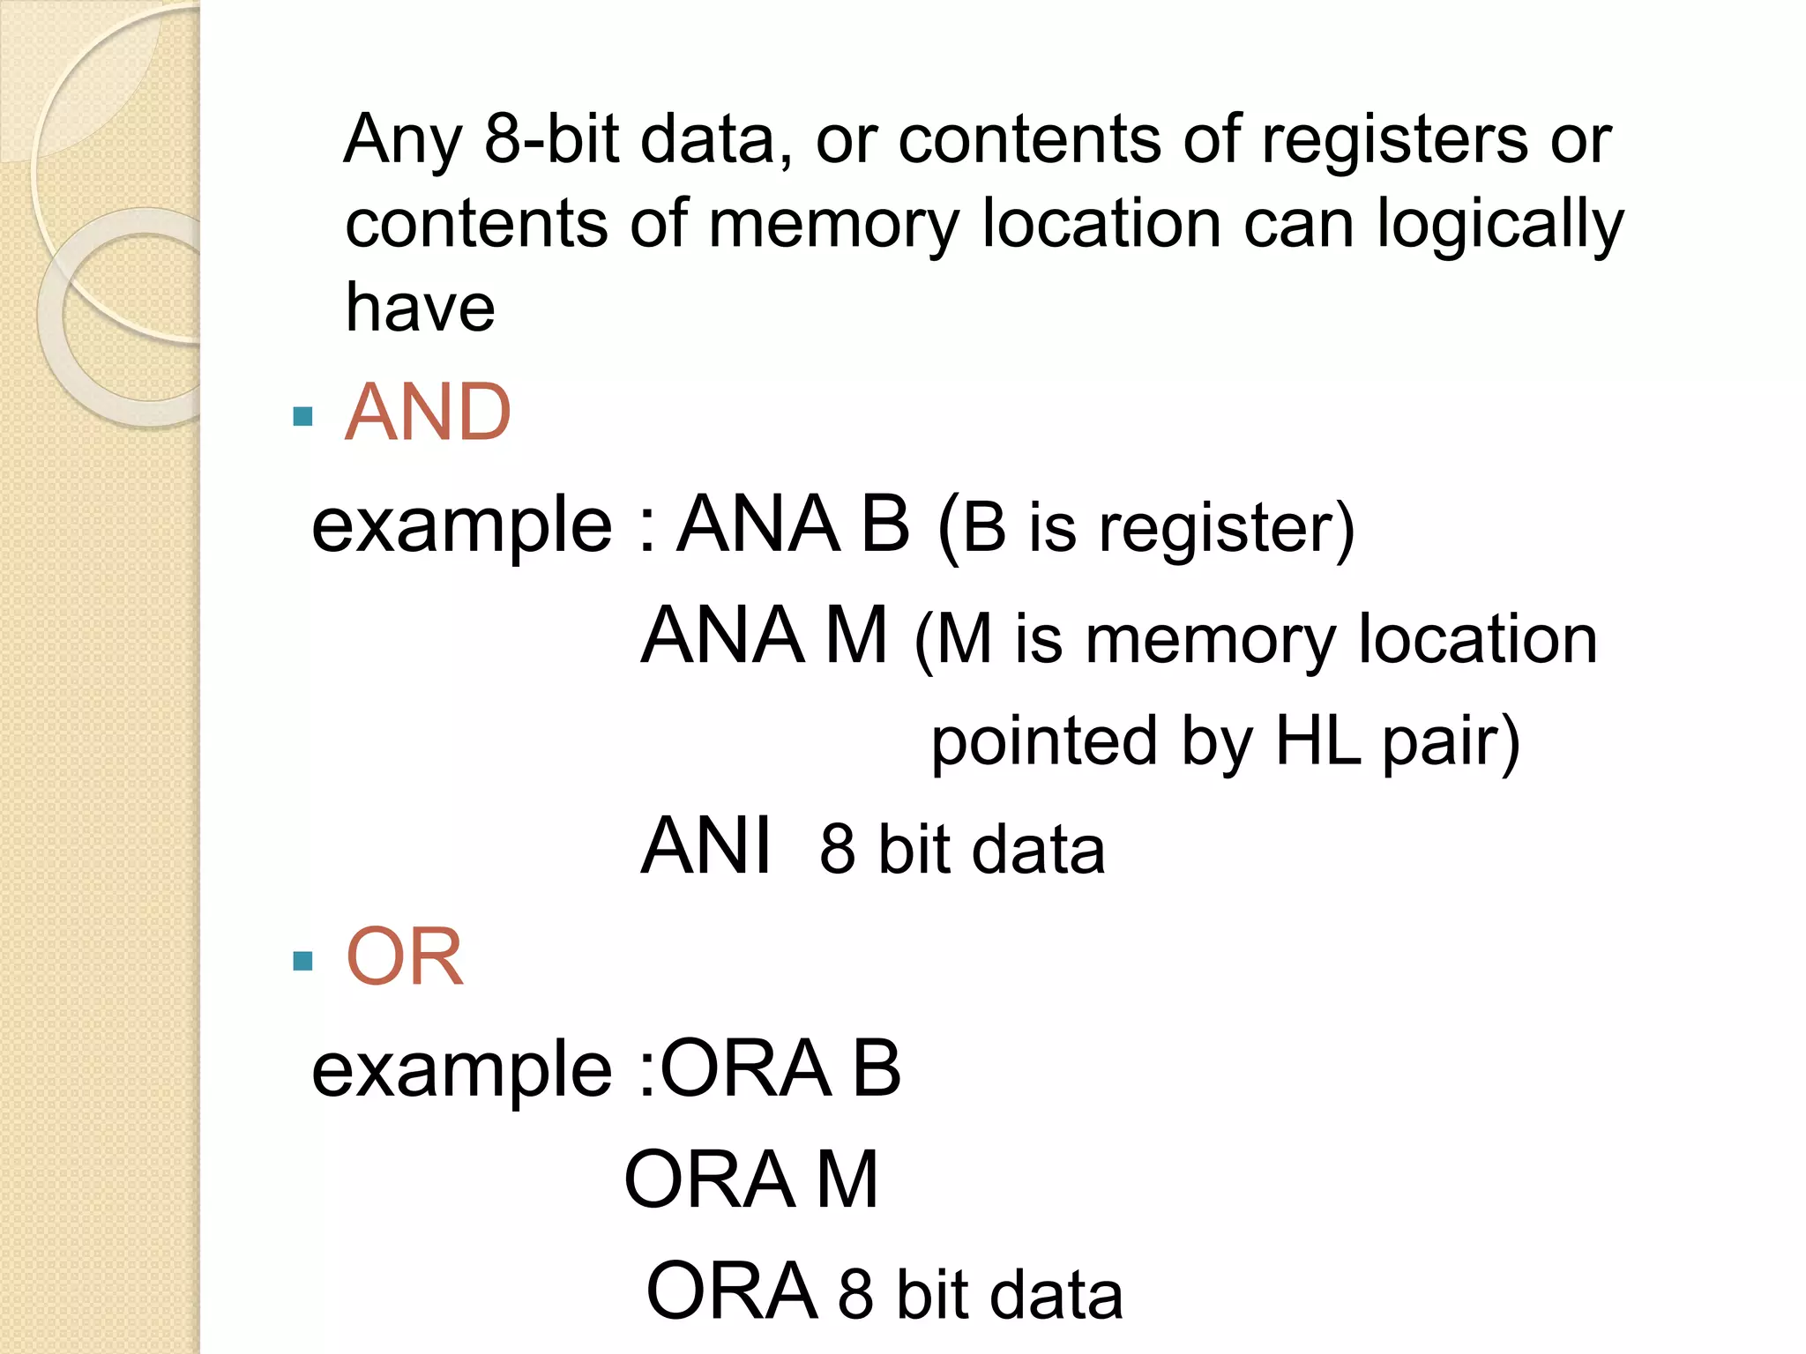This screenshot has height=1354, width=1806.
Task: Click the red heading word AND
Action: (428, 413)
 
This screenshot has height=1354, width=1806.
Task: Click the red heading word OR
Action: (405, 957)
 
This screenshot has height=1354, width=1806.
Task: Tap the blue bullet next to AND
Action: (302, 416)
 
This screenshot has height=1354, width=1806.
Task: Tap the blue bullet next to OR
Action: (302, 960)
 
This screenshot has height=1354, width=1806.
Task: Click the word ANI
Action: (706, 846)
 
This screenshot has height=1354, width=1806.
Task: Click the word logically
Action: (1499, 226)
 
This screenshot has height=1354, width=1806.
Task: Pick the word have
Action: (420, 308)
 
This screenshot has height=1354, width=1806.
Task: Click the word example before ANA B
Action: (461, 527)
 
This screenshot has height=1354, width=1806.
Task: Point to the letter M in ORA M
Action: (847, 1179)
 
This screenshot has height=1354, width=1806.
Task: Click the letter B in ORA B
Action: (877, 1068)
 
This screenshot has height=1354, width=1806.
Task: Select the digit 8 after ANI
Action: (838, 850)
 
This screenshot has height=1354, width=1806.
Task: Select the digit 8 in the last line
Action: (855, 1294)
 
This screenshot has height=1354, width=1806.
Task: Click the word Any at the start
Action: (402, 141)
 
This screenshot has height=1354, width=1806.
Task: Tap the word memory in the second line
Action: (832, 226)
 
